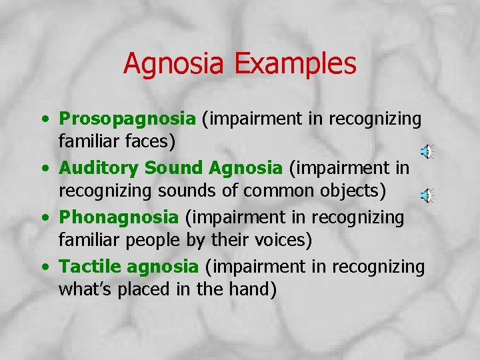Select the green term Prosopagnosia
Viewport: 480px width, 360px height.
pos(127,119)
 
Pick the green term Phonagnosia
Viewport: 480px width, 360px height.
pos(119,218)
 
